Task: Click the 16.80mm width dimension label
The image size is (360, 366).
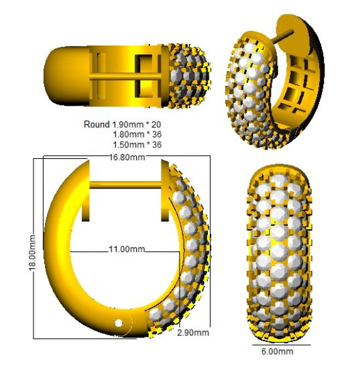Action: coord(127,158)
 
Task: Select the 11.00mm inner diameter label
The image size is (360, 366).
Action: coord(127,249)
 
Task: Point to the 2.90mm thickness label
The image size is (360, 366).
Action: coord(193,332)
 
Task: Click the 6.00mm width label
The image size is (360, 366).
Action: coord(277,351)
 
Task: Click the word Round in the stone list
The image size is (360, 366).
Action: coord(97,125)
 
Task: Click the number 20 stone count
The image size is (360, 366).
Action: coord(156,125)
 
